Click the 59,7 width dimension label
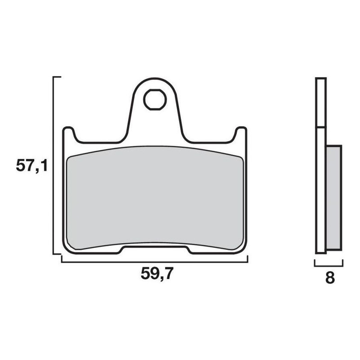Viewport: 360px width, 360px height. click(x=156, y=274)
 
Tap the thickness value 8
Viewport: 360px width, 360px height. click(x=330, y=278)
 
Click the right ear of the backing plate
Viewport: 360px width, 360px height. click(x=242, y=134)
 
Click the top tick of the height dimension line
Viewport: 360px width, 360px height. click(x=57, y=77)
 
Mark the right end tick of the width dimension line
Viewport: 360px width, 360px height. click(x=247, y=259)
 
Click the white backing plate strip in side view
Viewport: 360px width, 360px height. click(x=320, y=189)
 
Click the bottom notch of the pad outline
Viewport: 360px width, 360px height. click(x=155, y=247)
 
